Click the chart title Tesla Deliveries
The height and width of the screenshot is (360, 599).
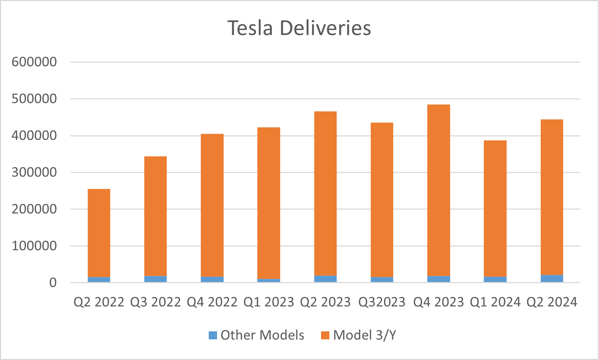point(299,28)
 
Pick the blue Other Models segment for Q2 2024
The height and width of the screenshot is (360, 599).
point(552,278)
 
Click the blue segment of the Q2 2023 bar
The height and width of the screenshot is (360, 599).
point(325,279)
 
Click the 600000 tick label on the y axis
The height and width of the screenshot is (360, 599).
point(34,62)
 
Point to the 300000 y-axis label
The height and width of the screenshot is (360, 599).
point(34,172)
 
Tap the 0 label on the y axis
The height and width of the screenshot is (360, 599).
point(53,283)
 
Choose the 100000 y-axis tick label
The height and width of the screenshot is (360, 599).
point(34,246)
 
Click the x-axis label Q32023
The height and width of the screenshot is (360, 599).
point(382,302)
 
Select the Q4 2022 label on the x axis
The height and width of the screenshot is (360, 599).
point(212,302)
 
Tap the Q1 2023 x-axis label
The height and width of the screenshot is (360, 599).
point(269,302)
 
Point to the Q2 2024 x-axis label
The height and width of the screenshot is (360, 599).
point(552,302)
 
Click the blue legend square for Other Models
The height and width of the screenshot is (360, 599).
point(213,335)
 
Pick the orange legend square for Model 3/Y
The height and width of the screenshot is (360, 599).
point(325,335)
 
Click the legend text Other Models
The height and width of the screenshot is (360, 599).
point(262,335)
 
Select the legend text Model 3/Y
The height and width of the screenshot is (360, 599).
point(365,335)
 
